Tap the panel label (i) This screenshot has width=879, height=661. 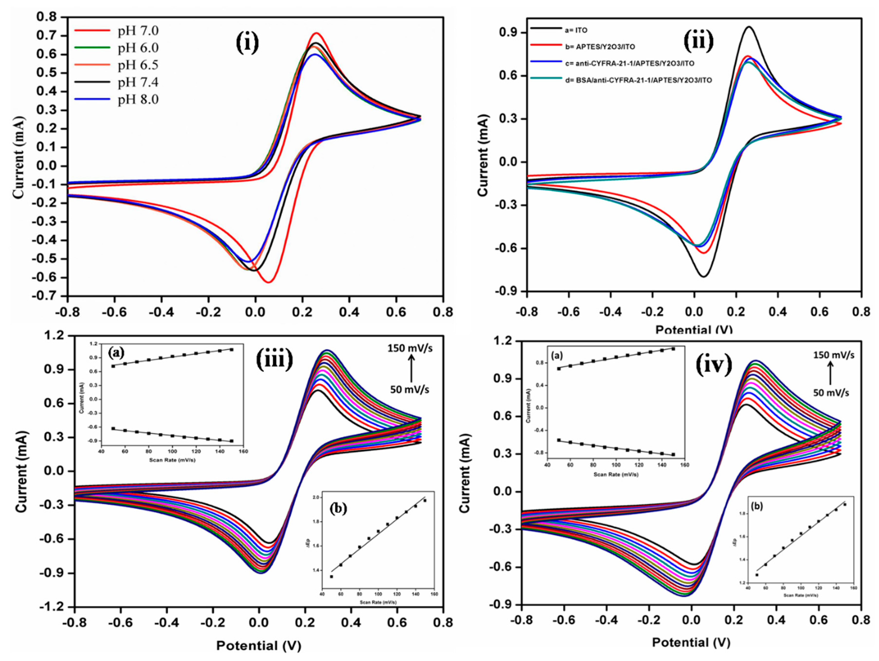(x=246, y=43)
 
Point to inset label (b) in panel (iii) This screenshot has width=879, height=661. (x=339, y=509)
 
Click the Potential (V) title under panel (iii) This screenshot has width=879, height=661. (x=259, y=645)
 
